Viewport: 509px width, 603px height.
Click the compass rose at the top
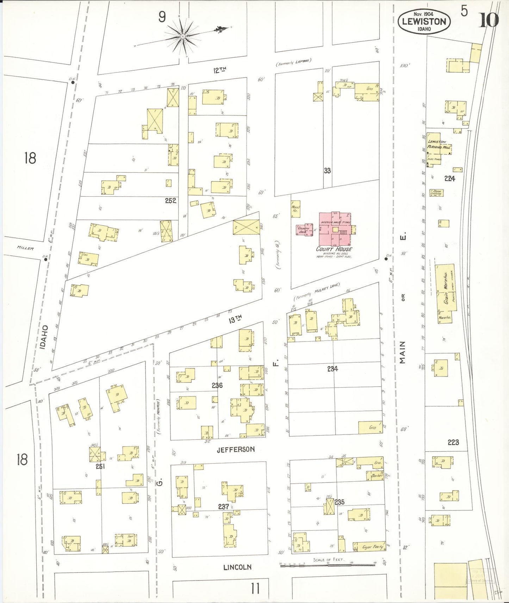point(183,36)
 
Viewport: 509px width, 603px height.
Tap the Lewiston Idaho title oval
point(424,22)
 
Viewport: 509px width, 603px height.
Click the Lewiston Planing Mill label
point(437,144)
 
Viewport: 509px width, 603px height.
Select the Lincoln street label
point(237,567)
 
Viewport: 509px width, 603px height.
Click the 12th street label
point(219,70)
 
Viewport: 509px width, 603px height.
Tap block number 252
point(170,201)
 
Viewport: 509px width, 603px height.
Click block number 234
point(332,369)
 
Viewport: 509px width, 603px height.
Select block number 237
point(223,507)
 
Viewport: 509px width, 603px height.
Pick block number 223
point(453,442)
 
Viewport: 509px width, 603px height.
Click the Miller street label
point(25,248)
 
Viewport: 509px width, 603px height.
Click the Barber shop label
point(377,475)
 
